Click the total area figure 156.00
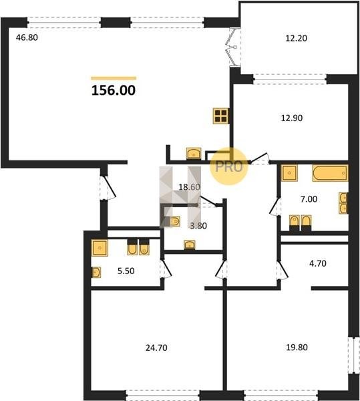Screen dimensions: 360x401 pyautogui.click(x=114, y=90)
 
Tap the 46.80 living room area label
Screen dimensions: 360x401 pyautogui.click(x=27, y=37)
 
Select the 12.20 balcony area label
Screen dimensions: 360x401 pyautogui.click(x=296, y=38)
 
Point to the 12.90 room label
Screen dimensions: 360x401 pyautogui.click(x=292, y=118)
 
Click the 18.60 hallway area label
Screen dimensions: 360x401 pyautogui.click(x=189, y=187)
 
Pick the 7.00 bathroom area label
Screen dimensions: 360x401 pyautogui.click(x=309, y=198)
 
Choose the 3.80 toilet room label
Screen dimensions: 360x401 pyautogui.click(x=198, y=226)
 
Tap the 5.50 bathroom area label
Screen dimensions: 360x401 pyautogui.click(x=126, y=271)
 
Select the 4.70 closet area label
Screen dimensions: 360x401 pyautogui.click(x=318, y=263)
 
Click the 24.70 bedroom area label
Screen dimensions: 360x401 pyautogui.click(x=156, y=348)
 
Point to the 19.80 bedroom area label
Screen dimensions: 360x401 pyautogui.click(x=297, y=348)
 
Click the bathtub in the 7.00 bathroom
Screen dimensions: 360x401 pyautogui.click(x=330, y=173)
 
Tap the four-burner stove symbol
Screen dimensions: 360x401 pyautogui.click(x=221, y=116)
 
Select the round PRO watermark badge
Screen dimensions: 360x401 pyautogui.click(x=229, y=166)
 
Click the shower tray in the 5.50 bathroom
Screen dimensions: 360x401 pyautogui.click(x=100, y=247)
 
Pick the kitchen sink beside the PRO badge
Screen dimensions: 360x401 pyautogui.click(x=194, y=154)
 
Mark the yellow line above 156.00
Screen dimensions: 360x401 pyautogui.click(x=114, y=78)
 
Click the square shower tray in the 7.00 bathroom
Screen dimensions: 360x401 pyautogui.click(x=289, y=173)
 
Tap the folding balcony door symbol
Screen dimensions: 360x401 pyautogui.click(x=234, y=47)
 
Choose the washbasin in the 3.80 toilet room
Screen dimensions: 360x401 pyautogui.click(x=190, y=245)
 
